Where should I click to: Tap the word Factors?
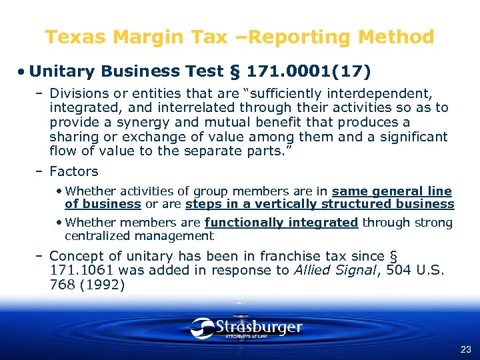74,171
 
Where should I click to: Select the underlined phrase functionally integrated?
281,222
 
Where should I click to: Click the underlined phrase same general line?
392,191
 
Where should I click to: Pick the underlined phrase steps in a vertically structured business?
320,204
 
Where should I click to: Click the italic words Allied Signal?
329,271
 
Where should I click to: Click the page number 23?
465,349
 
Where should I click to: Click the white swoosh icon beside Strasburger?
201,327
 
